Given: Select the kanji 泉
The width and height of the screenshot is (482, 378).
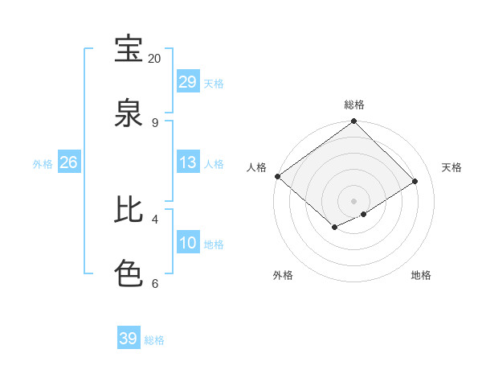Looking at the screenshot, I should pos(129,113).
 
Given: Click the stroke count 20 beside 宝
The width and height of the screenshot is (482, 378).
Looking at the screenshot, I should pos(154,59).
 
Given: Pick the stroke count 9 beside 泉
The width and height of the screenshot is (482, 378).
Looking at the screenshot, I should pos(154,123).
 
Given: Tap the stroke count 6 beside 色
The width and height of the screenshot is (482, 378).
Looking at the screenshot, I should pos(154,283).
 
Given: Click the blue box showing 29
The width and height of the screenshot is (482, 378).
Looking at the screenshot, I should pos(188,81).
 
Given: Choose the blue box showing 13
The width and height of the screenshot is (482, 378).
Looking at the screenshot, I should pos(188,162).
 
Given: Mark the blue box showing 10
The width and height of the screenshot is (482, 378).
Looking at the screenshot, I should pos(188,243).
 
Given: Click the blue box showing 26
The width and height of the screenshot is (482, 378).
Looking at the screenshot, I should pos(68,162).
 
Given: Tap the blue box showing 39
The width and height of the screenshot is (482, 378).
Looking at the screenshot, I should pos(129,339).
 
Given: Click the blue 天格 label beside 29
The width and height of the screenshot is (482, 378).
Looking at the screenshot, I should pos(214,83).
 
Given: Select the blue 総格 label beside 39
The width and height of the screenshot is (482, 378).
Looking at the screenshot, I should pos(154,340).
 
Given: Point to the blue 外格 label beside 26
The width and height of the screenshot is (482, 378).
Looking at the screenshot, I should pos(43,164).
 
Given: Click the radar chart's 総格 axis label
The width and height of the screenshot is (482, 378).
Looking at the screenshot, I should pos(354,105).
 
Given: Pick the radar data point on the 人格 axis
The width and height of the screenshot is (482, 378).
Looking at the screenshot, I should pos(277,176).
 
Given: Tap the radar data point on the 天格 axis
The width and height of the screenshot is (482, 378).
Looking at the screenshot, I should pos(415,182).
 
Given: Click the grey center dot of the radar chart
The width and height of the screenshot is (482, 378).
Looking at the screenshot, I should pos(354,200).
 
